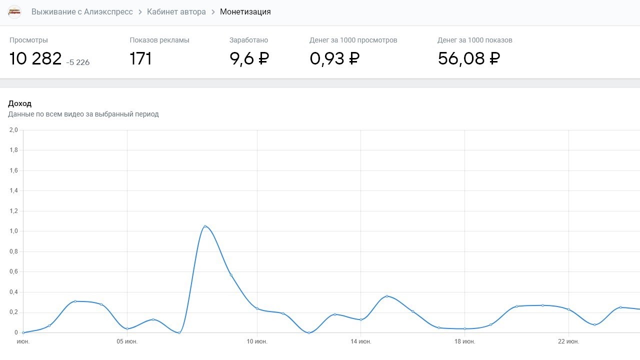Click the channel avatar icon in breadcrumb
pos(15,12)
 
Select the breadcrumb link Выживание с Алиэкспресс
pos(82,12)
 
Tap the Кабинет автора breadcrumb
pos(176,12)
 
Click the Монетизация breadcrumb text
pos(245,12)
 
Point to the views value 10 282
pos(35,59)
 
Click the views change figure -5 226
pos(78,62)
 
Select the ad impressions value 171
pos(140,59)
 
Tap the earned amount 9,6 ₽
pos(249,59)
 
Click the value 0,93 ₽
pos(334,59)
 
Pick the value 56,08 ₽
pos(468,59)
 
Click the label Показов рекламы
pos(159,40)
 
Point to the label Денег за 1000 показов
pos(474,40)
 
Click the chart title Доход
pos(20,103)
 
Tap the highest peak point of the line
pos(205,226)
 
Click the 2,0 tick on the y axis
pos(13,130)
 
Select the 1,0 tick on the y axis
pos(13,231)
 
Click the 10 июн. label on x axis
pos(257,341)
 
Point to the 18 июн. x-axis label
pos(464,341)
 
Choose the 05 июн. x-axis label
pos(127,341)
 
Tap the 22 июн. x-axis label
pos(568,341)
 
